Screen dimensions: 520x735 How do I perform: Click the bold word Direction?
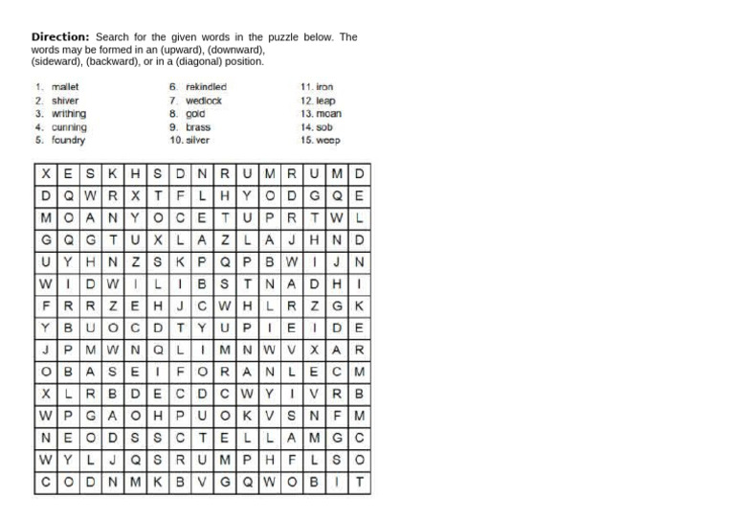click(x=60, y=37)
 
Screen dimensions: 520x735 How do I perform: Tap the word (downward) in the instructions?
click(x=233, y=50)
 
